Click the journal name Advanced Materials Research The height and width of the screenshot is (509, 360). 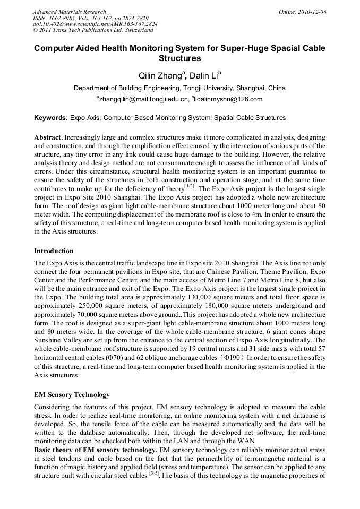[x=69, y=12]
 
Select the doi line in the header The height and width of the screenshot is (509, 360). [x=95, y=24]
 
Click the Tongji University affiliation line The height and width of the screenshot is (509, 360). [x=179, y=88]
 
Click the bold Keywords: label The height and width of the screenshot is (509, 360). [x=51, y=118]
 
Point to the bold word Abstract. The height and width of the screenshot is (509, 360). [x=48, y=137]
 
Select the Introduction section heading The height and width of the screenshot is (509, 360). [x=54, y=251]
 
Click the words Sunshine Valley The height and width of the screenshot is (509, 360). [x=59, y=340]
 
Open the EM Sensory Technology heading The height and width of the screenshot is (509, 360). [x=72, y=395]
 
